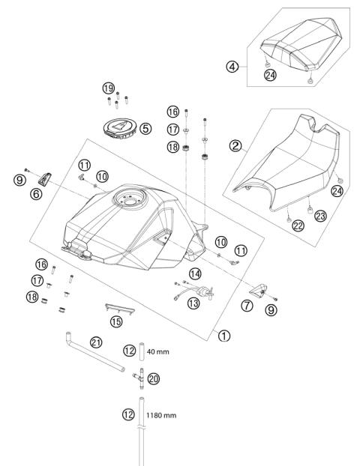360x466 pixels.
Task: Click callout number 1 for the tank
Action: (223, 336)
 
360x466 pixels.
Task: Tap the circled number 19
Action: (109, 87)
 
